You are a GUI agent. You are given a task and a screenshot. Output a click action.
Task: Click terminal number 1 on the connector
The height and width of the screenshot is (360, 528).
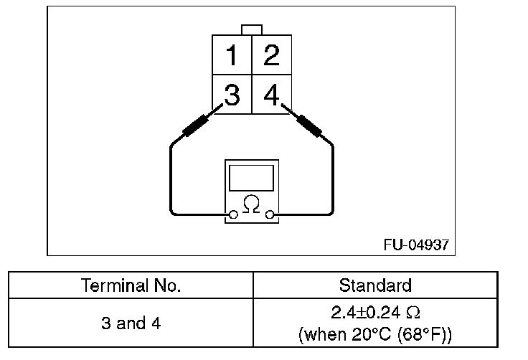(231, 55)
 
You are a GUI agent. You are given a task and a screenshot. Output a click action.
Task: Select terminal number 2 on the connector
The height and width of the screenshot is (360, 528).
(271, 55)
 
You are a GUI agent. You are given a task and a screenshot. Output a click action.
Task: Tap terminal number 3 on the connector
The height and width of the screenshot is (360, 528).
(231, 95)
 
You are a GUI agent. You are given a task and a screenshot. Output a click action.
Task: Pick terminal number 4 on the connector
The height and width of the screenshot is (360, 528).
(271, 95)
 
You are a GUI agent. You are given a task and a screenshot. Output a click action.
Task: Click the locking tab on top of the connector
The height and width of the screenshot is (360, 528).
(251, 29)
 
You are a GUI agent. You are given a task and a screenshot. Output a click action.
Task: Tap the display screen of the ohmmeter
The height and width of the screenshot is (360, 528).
(251, 177)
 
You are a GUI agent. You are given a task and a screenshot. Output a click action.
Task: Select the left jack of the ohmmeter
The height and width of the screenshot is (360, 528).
(232, 214)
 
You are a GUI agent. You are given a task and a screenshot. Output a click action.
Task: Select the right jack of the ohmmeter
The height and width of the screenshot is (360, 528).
(270, 214)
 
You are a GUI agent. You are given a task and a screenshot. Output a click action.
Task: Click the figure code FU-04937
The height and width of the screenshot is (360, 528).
(416, 245)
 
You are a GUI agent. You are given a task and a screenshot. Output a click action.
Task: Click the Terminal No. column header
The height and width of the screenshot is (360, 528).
(131, 285)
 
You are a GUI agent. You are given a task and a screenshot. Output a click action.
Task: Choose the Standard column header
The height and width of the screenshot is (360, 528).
(374, 285)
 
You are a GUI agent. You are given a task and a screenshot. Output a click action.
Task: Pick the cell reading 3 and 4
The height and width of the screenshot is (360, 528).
(131, 323)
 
